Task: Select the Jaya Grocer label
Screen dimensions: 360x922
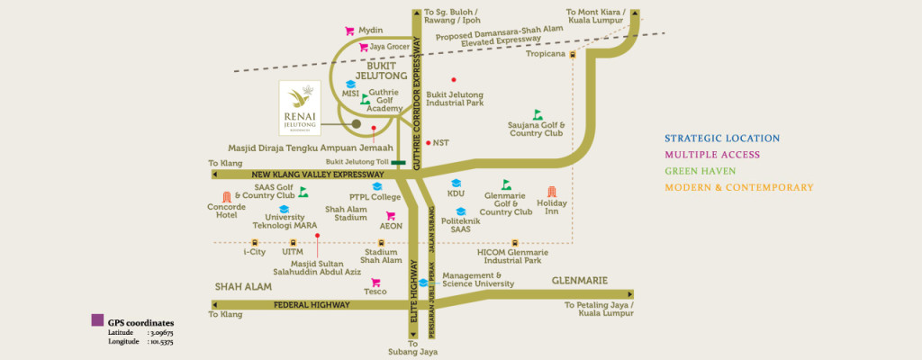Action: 390,47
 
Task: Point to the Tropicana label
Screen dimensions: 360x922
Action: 545,54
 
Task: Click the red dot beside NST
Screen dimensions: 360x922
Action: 428,142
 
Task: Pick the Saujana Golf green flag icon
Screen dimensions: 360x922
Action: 538,114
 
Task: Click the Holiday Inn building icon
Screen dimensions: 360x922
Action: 552,192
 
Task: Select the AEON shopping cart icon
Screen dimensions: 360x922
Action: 391,216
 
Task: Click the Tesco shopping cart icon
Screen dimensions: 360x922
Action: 375,282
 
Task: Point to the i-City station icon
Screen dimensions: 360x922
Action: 255,242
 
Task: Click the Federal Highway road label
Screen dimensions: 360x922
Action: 311,305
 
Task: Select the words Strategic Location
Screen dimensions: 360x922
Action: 722,139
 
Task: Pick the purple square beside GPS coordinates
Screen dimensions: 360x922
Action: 97,320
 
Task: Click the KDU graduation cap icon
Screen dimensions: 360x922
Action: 456,183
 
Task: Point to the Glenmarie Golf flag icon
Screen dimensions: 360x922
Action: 506,185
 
